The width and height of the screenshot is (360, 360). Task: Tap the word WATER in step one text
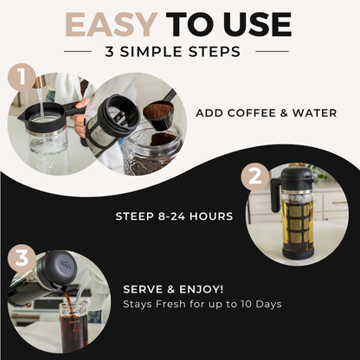pyautogui.click(x=314, y=113)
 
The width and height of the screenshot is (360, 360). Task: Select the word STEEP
pyautogui.click(x=135, y=215)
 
